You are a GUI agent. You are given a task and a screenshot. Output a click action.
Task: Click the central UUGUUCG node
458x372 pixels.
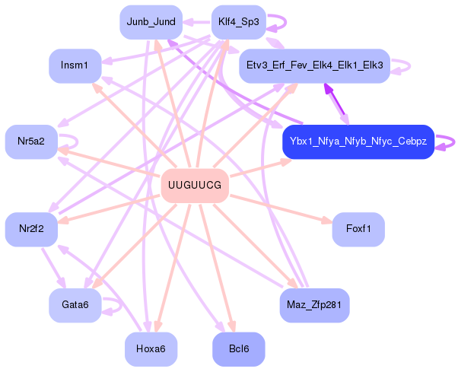coord(195,186)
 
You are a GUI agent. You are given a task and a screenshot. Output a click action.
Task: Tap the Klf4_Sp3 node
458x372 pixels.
coord(237,22)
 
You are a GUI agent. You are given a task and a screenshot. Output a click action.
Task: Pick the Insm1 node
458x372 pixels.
coord(75,65)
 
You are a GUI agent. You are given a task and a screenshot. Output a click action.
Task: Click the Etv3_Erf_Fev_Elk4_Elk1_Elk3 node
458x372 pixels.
coord(314,66)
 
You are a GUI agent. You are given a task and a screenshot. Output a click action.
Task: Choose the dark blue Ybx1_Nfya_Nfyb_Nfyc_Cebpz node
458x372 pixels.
coord(358,142)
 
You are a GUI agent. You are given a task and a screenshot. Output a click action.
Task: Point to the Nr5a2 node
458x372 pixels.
coord(31,141)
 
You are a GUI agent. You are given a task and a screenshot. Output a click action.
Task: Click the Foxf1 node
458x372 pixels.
coord(358,229)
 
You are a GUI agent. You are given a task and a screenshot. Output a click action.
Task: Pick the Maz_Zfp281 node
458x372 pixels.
coord(314,305)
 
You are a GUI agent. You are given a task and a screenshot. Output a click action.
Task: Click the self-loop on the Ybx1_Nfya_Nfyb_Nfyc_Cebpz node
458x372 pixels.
coord(447,142)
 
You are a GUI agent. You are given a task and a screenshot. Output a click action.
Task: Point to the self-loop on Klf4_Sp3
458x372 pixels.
coord(277,22)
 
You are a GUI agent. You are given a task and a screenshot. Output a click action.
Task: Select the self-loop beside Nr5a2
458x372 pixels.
coord(70,141)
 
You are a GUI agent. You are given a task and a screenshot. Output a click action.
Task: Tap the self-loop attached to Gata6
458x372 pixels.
coord(114,305)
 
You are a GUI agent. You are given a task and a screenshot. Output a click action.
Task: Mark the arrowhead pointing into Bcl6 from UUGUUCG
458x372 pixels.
coord(233,327)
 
